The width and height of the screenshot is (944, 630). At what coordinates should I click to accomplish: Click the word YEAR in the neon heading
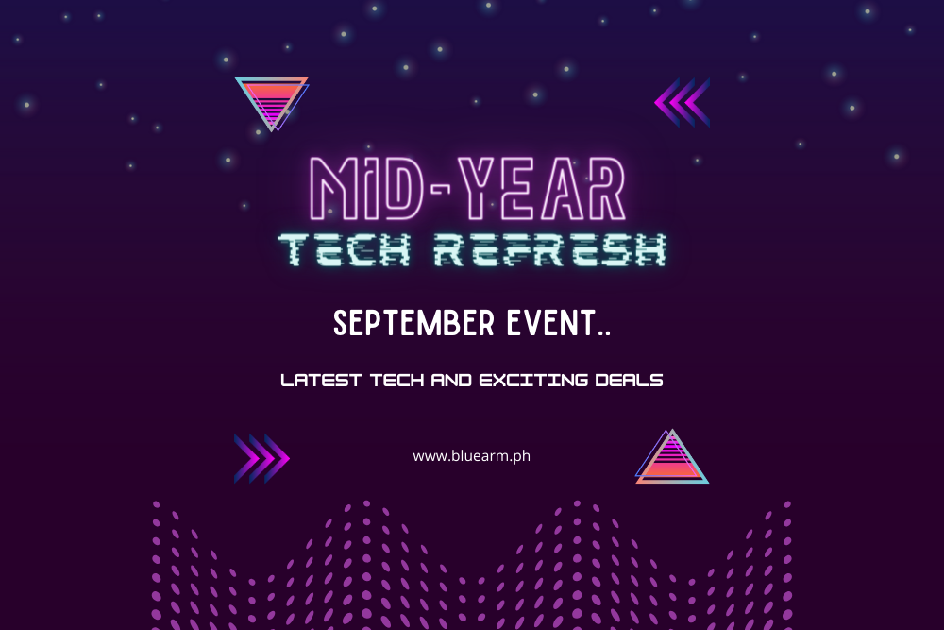click(x=542, y=189)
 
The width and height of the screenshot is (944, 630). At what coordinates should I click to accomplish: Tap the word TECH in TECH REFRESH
click(x=345, y=250)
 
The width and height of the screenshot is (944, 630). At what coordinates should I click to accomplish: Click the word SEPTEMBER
click(x=414, y=323)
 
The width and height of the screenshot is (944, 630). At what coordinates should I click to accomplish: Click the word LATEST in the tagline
click(x=321, y=380)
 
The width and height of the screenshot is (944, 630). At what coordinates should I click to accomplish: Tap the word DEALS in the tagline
click(x=629, y=380)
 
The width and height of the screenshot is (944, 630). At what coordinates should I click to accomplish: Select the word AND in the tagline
click(x=451, y=380)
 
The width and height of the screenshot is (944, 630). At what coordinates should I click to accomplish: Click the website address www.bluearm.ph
click(x=471, y=456)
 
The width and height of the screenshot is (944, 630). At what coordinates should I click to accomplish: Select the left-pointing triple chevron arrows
click(x=683, y=102)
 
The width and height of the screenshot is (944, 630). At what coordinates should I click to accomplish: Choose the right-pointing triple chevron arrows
click(x=261, y=458)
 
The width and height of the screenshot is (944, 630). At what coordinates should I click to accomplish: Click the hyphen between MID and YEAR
click(x=441, y=189)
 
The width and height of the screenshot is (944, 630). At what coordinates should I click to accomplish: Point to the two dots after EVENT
click(x=604, y=332)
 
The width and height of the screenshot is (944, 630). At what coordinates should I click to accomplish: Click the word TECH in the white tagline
click(x=396, y=380)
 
